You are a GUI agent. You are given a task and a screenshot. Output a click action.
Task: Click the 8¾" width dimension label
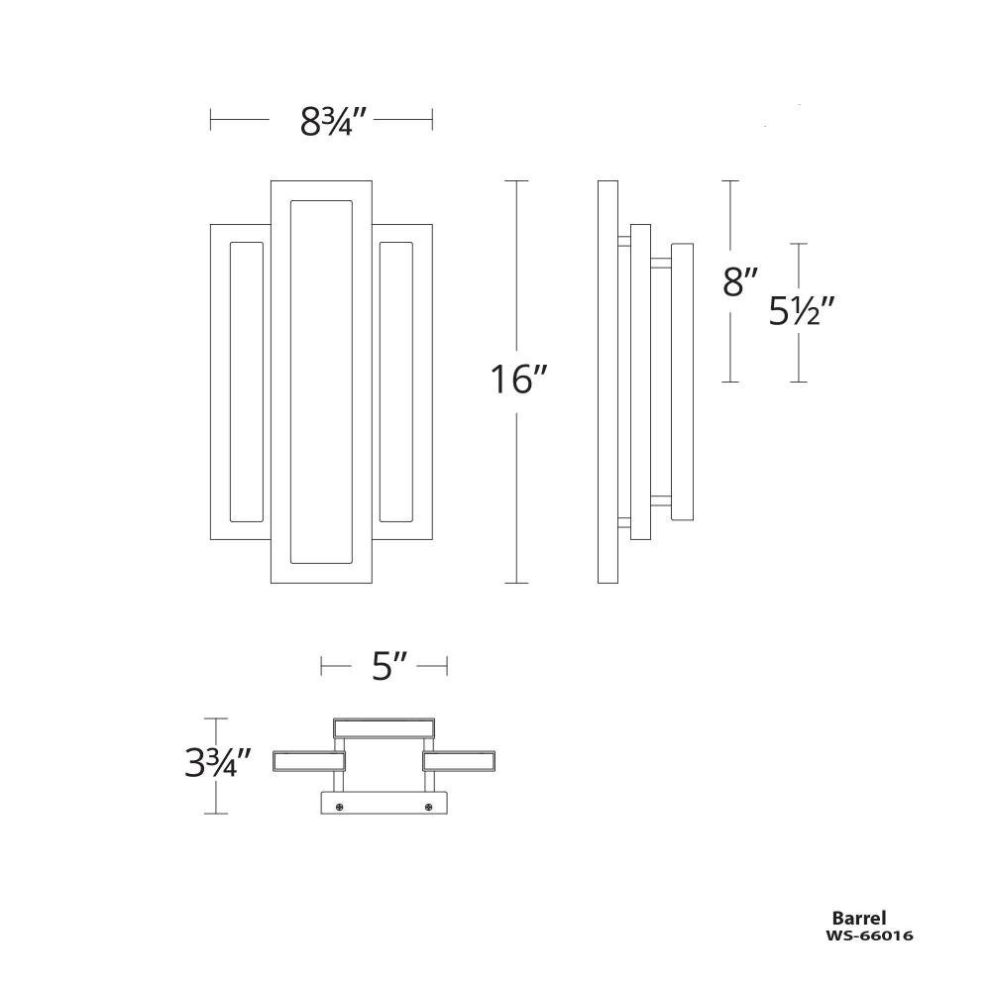click(333, 122)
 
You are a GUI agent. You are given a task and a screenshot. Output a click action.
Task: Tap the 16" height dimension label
click(517, 380)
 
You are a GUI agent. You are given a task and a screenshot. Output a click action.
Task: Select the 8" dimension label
click(740, 281)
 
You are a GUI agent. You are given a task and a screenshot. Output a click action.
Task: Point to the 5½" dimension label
click(802, 311)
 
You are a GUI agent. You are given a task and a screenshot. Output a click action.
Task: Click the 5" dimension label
click(388, 666)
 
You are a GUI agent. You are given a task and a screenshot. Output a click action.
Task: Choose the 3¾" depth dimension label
click(218, 762)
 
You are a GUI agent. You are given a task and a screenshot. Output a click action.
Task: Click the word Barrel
click(859, 919)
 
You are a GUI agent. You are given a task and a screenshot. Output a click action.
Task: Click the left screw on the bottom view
click(340, 807)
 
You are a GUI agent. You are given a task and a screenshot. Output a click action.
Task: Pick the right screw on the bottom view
click(428, 807)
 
